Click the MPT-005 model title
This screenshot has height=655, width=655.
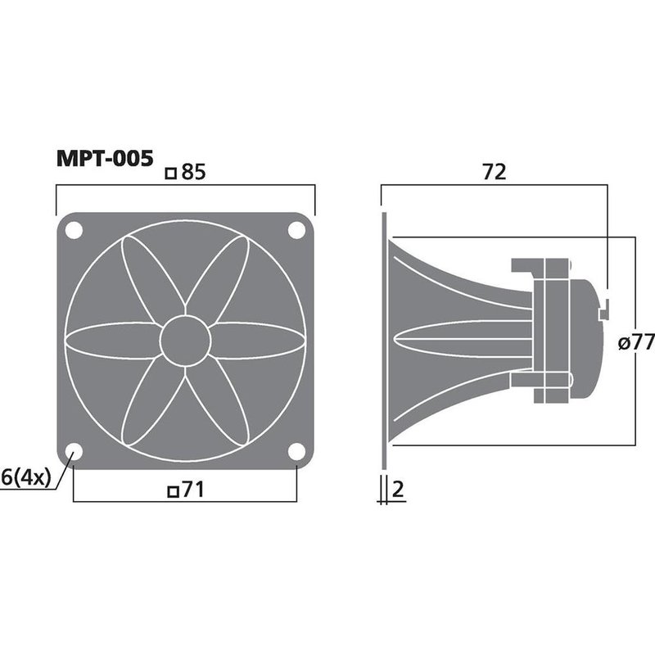coord(103,157)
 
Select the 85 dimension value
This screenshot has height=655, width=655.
coord(192,173)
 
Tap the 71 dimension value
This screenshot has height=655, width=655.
coord(192,490)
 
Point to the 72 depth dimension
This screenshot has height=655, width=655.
coord(495,172)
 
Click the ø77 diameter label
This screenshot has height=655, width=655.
coord(636,343)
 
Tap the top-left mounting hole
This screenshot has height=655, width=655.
coord(75,231)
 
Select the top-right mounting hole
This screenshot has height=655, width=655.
coord(295,231)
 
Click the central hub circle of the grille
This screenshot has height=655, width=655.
coord(185,341)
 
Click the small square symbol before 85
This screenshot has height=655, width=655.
coord(171,174)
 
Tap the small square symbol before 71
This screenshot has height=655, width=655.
coord(172,491)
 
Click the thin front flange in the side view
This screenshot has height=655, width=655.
coord(382,342)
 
